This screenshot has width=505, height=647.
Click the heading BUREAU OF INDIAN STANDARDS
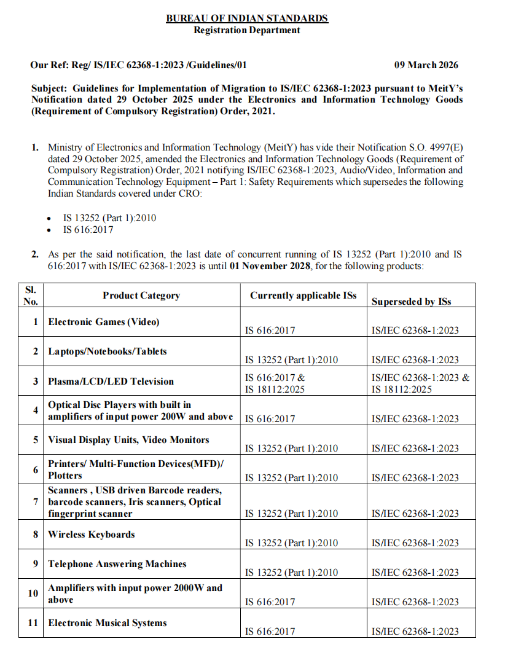(x=247, y=18)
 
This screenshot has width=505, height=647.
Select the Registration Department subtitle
(x=247, y=29)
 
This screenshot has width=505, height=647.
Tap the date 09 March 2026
(x=426, y=65)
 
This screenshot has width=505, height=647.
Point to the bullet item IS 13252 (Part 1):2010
(x=109, y=218)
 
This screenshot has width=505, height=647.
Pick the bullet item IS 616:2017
(x=88, y=230)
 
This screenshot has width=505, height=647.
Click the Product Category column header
(x=141, y=296)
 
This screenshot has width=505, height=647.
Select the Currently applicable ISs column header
(x=303, y=296)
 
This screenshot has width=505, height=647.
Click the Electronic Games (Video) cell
(x=104, y=322)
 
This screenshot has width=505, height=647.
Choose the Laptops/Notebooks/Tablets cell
(x=108, y=351)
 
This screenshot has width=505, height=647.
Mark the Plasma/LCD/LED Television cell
(x=111, y=382)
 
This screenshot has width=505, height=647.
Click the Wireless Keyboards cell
(x=92, y=535)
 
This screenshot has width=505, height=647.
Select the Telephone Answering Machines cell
(x=117, y=564)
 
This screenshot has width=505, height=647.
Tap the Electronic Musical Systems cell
(x=108, y=623)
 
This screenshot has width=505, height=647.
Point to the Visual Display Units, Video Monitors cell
(x=128, y=440)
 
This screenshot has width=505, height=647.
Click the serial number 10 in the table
(x=33, y=594)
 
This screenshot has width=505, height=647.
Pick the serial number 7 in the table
(x=36, y=502)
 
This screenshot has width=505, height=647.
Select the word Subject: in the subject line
(x=50, y=88)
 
